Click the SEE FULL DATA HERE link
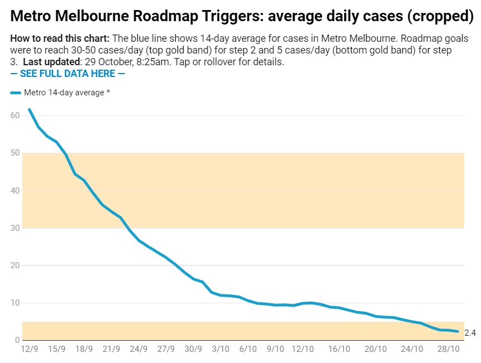pyautogui.click(x=68, y=74)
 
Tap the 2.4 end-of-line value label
pyautogui.click(x=470, y=333)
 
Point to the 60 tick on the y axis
pyautogui.click(x=15, y=115)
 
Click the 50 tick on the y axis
pyautogui.click(x=15, y=153)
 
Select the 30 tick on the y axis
pyautogui.click(x=15, y=228)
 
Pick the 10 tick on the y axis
pyautogui.click(x=15, y=303)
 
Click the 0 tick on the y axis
pyautogui.click(x=18, y=340)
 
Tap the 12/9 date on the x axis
pyautogui.click(x=29, y=350)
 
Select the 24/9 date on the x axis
pyautogui.click(x=138, y=350)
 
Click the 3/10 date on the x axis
pyautogui.click(x=220, y=350)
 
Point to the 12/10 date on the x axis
pyautogui.click(x=302, y=350)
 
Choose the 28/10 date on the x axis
pyautogui.click(x=448, y=350)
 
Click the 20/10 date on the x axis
pyautogui.click(x=376, y=350)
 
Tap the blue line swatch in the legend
pyautogui.click(x=16, y=93)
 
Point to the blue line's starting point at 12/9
pyautogui.click(x=29, y=109)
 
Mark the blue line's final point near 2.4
pyautogui.click(x=458, y=331)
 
